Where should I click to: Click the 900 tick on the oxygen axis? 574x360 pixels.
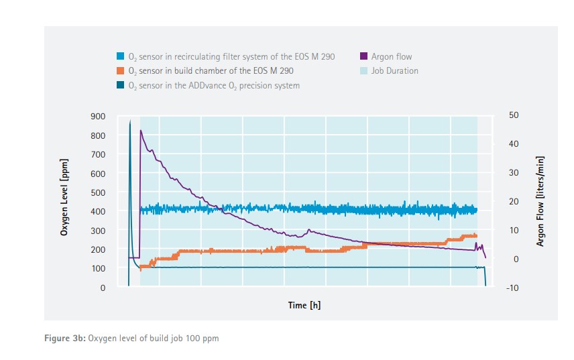coord(99,117)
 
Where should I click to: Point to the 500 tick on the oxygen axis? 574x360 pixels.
coord(99,192)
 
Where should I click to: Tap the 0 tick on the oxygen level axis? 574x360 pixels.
coord(103,288)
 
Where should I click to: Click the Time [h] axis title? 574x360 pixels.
coord(304,306)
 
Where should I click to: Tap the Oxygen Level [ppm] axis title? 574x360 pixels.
coord(64,202)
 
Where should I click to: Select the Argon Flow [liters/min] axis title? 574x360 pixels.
coord(540,201)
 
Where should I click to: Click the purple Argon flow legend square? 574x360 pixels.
coord(364,56)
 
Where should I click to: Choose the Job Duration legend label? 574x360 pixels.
coord(394,70)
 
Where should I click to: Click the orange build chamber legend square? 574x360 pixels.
coord(120,70)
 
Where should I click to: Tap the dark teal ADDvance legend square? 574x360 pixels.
coord(120,85)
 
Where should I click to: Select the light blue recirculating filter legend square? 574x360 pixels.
coord(120,56)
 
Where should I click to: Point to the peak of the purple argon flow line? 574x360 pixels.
coord(140,131)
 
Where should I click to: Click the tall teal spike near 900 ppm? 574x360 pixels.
coord(129,121)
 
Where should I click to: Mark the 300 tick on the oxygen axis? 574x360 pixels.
coord(99,231)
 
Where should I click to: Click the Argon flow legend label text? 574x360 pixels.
coord(392,56)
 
